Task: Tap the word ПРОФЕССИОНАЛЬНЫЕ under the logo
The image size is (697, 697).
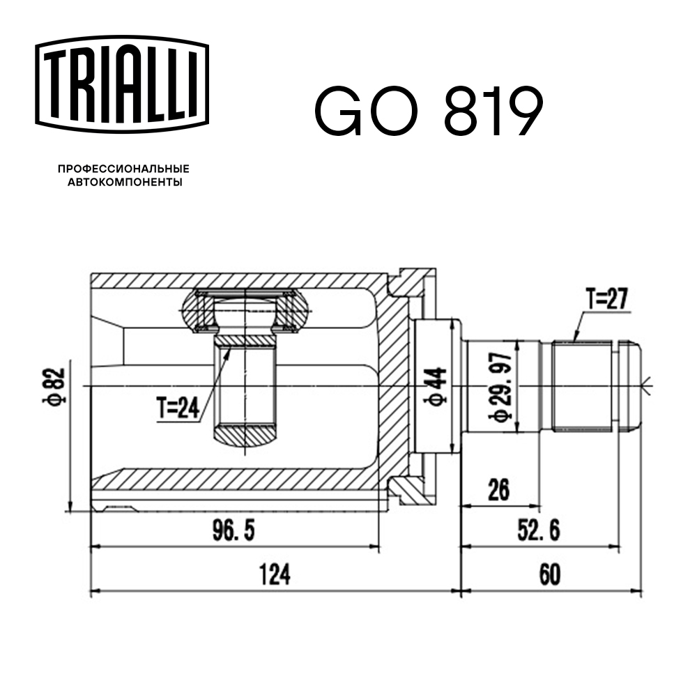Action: tap(123, 169)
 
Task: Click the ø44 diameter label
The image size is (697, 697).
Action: tap(436, 385)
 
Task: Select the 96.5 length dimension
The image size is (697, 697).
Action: tap(233, 532)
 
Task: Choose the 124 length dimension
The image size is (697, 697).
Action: tap(274, 576)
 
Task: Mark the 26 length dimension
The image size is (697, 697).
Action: tap(499, 489)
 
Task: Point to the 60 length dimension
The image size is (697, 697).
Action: tap(549, 576)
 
